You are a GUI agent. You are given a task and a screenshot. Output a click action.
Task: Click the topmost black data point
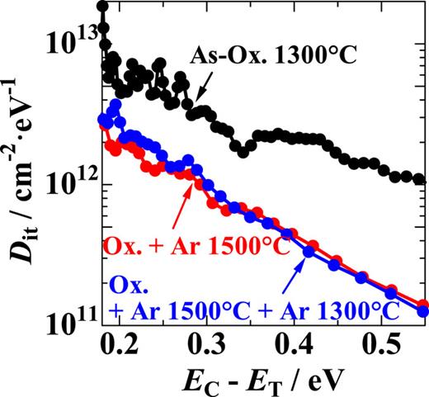click(x=102, y=7)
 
